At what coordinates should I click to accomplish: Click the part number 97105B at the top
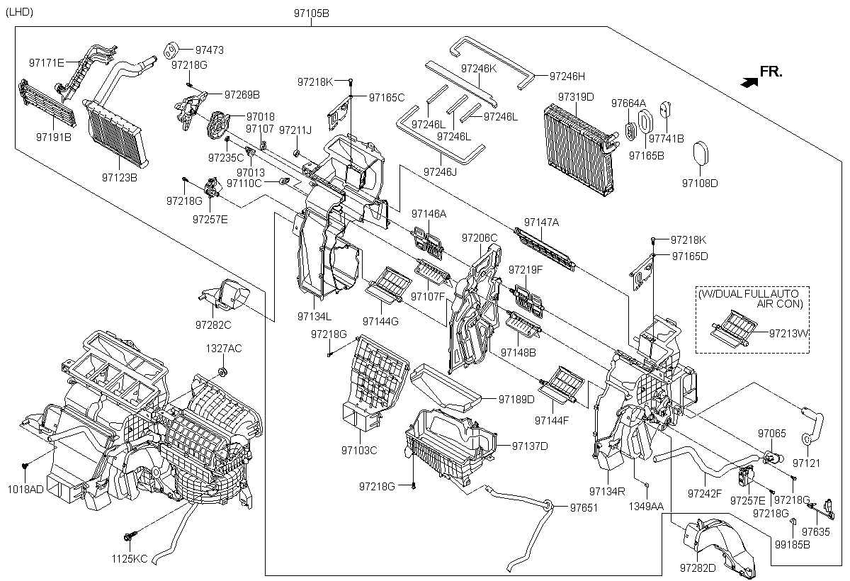click(x=311, y=13)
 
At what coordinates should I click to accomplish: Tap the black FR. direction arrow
click(x=749, y=82)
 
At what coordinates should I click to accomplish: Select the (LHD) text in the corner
click(x=20, y=12)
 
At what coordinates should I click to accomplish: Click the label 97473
click(x=210, y=50)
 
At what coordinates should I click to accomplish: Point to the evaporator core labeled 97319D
click(x=579, y=150)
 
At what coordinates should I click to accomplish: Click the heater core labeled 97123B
click(x=115, y=132)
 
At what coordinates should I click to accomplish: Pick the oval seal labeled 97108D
click(x=701, y=153)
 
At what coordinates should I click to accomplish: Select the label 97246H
click(x=567, y=77)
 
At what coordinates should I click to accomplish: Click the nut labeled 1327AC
click(x=222, y=371)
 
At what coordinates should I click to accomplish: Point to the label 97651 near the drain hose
click(x=584, y=507)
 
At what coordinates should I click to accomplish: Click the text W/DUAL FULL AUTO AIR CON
click(x=751, y=299)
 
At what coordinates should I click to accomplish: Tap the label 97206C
click(x=480, y=238)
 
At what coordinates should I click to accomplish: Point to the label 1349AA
click(x=646, y=506)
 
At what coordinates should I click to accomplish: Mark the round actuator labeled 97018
click(x=218, y=125)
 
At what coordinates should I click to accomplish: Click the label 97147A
click(x=541, y=222)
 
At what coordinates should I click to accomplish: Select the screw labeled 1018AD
click(x=25, y=466)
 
